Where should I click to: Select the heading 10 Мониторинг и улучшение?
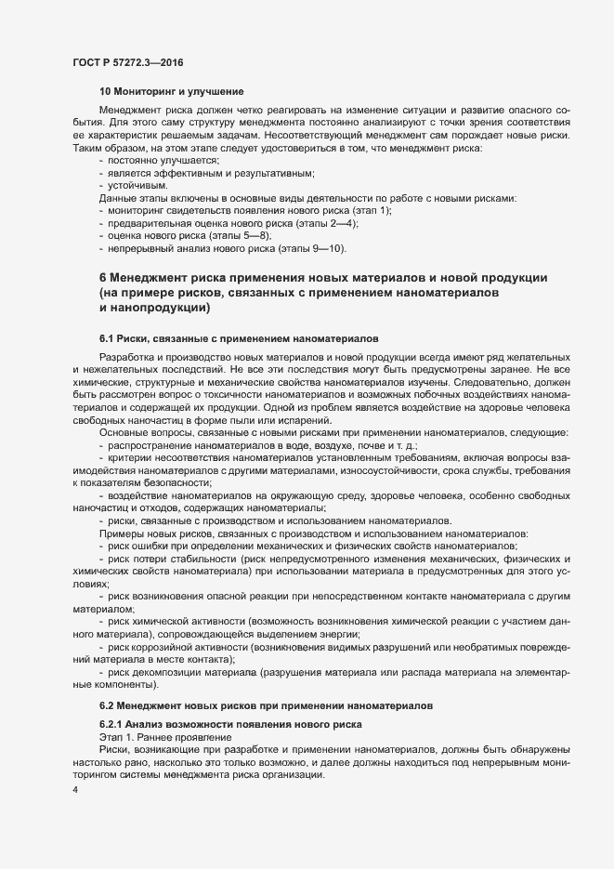[x=171, y=91]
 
